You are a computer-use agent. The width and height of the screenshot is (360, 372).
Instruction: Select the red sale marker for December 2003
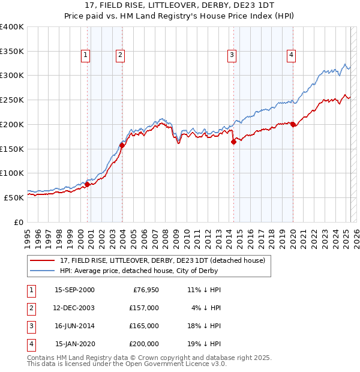tap(122, 145)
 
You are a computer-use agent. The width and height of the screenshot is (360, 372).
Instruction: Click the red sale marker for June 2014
tap(233, 142)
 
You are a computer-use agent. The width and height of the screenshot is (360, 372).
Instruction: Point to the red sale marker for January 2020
tap(293, 124)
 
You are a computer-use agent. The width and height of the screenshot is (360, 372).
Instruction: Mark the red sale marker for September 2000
tap(87, 184)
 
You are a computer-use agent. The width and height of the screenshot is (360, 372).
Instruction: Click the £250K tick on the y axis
tap(12, 100)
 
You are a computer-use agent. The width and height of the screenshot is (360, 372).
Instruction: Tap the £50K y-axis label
tap(13, 197)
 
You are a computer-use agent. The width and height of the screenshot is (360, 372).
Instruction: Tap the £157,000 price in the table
tap(145, 308)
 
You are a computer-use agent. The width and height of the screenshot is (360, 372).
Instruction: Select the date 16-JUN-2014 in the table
tap(74, 326)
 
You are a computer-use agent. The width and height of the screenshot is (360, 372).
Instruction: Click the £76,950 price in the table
tap(146, 290)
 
